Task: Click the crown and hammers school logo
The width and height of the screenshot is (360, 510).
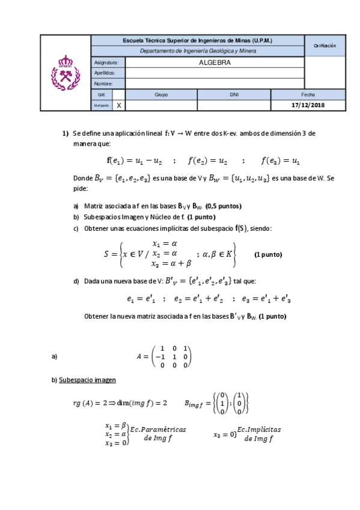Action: tap(65, 72)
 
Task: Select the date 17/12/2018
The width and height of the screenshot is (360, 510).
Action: tap(308, 105)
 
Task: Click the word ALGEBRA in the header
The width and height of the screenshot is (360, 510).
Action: tap(215, 62)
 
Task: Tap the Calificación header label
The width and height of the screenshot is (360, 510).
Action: tap(325, 46)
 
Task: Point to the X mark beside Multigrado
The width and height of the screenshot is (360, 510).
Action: tap(118, 105)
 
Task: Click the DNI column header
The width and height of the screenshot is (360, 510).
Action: tap(234, 94)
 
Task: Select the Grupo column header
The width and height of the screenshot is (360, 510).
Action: tap(161, 94)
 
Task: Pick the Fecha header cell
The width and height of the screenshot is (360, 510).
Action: tap(308, 94)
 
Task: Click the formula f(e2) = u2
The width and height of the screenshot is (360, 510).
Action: tap(208, 161)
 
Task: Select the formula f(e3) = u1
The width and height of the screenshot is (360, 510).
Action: tap(281, 161)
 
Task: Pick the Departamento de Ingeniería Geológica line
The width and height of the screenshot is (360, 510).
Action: tap(198, 51)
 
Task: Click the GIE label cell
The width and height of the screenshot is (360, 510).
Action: tap(101, 94)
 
